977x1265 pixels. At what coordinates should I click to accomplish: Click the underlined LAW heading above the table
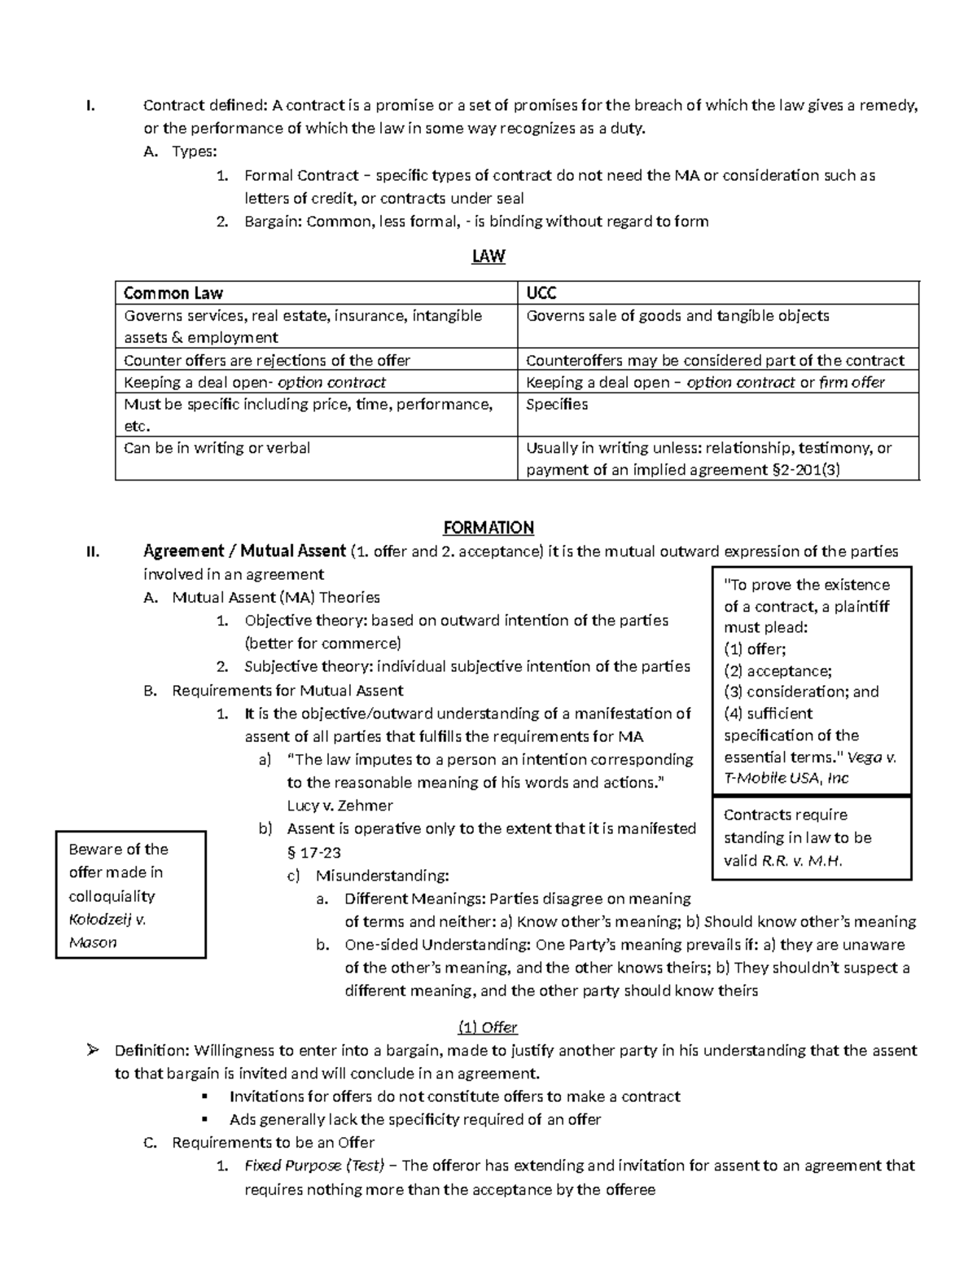point(488,257)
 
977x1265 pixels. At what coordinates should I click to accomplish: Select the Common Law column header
point(173,293)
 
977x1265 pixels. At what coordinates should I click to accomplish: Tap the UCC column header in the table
point(541,293)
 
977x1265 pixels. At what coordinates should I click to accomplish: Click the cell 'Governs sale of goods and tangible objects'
point(677,316)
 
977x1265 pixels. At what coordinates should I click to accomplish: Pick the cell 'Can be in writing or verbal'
point(217,448)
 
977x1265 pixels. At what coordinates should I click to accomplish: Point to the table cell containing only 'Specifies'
point(557,405)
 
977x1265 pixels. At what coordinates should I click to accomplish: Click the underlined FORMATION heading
point(488,528)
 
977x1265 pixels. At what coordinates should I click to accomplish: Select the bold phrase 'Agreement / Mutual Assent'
point(245,551)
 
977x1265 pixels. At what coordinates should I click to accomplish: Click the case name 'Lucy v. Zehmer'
point(340,806)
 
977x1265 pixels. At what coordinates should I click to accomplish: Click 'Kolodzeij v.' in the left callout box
point(107,920)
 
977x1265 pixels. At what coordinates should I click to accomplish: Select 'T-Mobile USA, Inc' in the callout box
point(786,778)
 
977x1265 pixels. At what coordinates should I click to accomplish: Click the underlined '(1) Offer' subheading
point(488,1027)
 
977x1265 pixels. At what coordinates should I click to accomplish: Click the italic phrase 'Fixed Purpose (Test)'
point(313,1166)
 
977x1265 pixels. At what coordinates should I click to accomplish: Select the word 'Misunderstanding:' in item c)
point(382,876)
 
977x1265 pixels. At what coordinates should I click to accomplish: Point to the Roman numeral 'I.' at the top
point(90,105)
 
